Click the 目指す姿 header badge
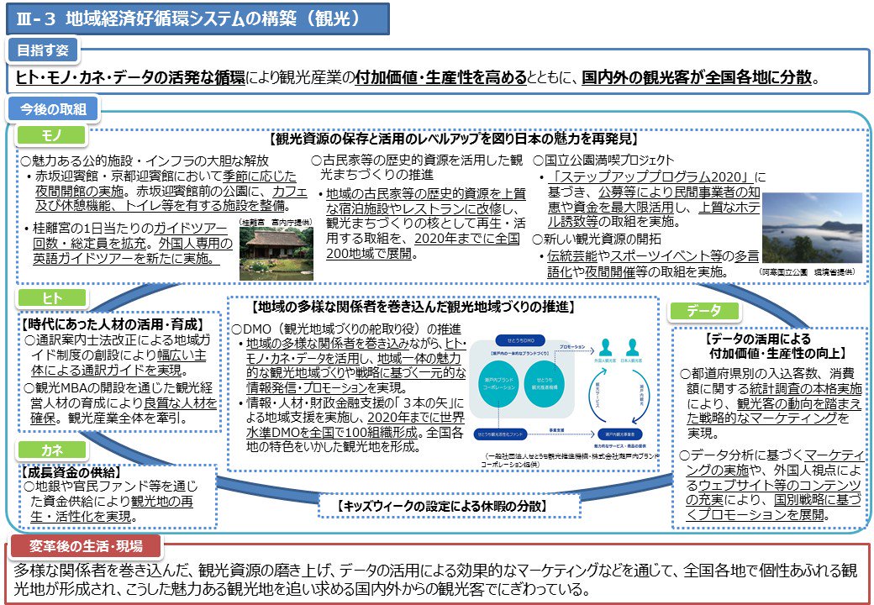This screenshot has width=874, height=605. click(x=44, y=50)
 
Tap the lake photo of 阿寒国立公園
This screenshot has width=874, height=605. click(x=811, y=229)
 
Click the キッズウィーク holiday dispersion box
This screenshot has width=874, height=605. click(x=450, y=506)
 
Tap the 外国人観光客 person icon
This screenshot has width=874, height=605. click(x=604, y=348)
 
